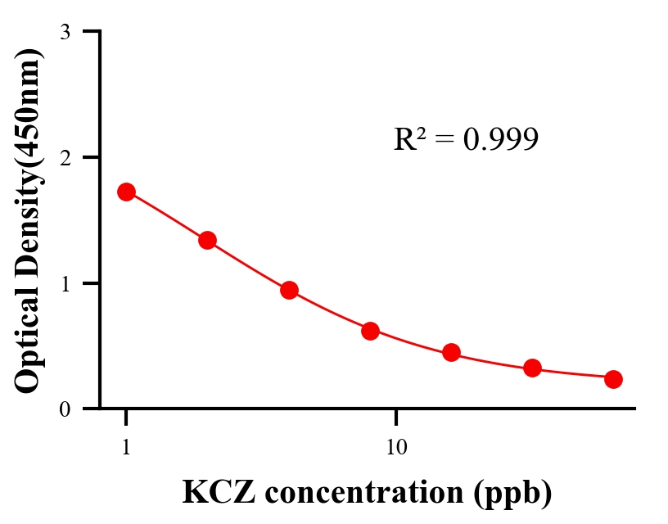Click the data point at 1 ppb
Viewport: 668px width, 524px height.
(x=126, y=192)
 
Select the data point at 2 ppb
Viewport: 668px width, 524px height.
(x=207, y=240)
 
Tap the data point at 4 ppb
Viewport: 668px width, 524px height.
(x=289, y=290)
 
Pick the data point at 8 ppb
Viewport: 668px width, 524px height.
(x=370, y=331)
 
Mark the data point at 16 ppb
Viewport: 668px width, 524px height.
(x=451, y=353)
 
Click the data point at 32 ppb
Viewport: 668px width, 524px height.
(x=532, y=368)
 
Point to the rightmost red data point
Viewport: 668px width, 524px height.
(x=613, y=379)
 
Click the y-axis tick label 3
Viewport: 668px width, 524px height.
(x=65, y=32)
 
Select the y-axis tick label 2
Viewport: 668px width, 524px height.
(x=65, y=157)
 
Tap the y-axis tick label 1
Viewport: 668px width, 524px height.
(x=65, y=283)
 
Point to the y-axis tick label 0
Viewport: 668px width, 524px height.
(x=65, y=409)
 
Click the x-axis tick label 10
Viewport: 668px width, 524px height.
(x=396, y=448)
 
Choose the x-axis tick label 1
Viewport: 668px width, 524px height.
(x=126, y=448)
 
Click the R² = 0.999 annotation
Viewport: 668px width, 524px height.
(x=466, y=140)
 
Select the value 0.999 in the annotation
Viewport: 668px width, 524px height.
(x=501, y=140)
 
